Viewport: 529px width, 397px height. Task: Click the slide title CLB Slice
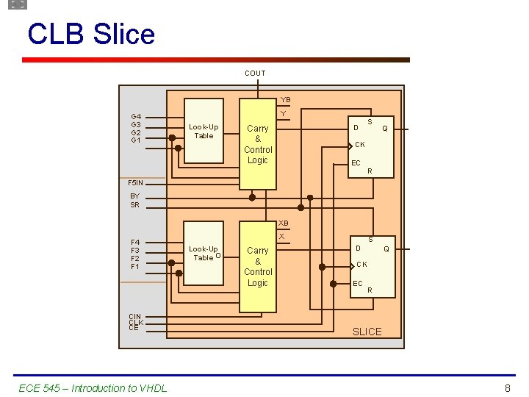91,35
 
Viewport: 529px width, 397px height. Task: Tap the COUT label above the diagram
255,73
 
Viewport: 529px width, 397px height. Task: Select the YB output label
285,100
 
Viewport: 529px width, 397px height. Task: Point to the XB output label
284,223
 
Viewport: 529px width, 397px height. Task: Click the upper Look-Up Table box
204,131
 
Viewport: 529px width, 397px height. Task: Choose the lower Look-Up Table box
204,254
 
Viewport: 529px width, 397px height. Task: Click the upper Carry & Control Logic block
257,144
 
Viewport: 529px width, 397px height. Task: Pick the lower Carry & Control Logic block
257,267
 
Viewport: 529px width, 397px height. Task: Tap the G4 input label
136,116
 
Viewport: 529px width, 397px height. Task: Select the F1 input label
135,266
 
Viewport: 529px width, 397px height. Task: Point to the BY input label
134,196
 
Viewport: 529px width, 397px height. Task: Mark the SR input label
134,205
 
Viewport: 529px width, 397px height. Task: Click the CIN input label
134,317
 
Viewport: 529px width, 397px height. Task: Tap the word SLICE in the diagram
367,332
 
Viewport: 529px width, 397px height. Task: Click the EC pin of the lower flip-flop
358,283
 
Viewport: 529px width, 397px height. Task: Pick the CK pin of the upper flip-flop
360,144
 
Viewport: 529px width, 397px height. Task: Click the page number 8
507,388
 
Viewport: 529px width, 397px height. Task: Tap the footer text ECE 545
93,388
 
